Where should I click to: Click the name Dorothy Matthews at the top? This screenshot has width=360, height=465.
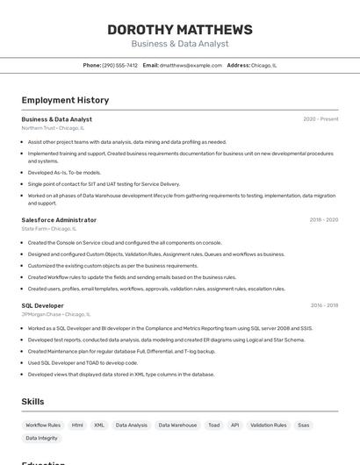[x=179, y=30]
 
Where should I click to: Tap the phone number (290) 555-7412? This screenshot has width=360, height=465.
[x=119, y=65]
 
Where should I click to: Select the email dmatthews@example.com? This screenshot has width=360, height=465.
[x=191, y=65]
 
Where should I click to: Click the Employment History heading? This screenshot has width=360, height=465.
[x=65, y=100]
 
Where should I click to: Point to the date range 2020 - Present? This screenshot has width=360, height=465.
[x=320, y=119]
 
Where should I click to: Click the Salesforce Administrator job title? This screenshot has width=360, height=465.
[x=59, y=220]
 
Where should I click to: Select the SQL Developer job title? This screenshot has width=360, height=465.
[x=42, y=305]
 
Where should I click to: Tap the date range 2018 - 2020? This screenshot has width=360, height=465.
[x=324, y=220]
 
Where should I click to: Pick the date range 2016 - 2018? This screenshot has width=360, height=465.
[x=324, y=305]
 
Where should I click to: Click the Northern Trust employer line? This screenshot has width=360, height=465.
[x=53, y=128]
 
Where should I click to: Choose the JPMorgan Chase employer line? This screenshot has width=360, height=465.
[x=55, y=314]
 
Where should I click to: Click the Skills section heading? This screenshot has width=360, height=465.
[x=32, y=402]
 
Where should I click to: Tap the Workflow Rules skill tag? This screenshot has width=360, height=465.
[x=43, y=426]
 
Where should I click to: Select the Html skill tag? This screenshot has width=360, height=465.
[x=77, y=426]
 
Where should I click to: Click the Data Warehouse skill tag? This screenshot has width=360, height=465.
[x=177, y=426]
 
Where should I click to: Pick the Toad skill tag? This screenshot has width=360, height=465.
[x=214, y=426]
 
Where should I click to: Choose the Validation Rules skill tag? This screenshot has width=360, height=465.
[x=268, y=426]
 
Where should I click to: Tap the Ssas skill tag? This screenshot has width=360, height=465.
[x=304, y=426]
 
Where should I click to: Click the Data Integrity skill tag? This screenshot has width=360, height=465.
[x=41, y=438]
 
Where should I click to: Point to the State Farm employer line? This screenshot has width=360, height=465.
[x=48, y=229]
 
